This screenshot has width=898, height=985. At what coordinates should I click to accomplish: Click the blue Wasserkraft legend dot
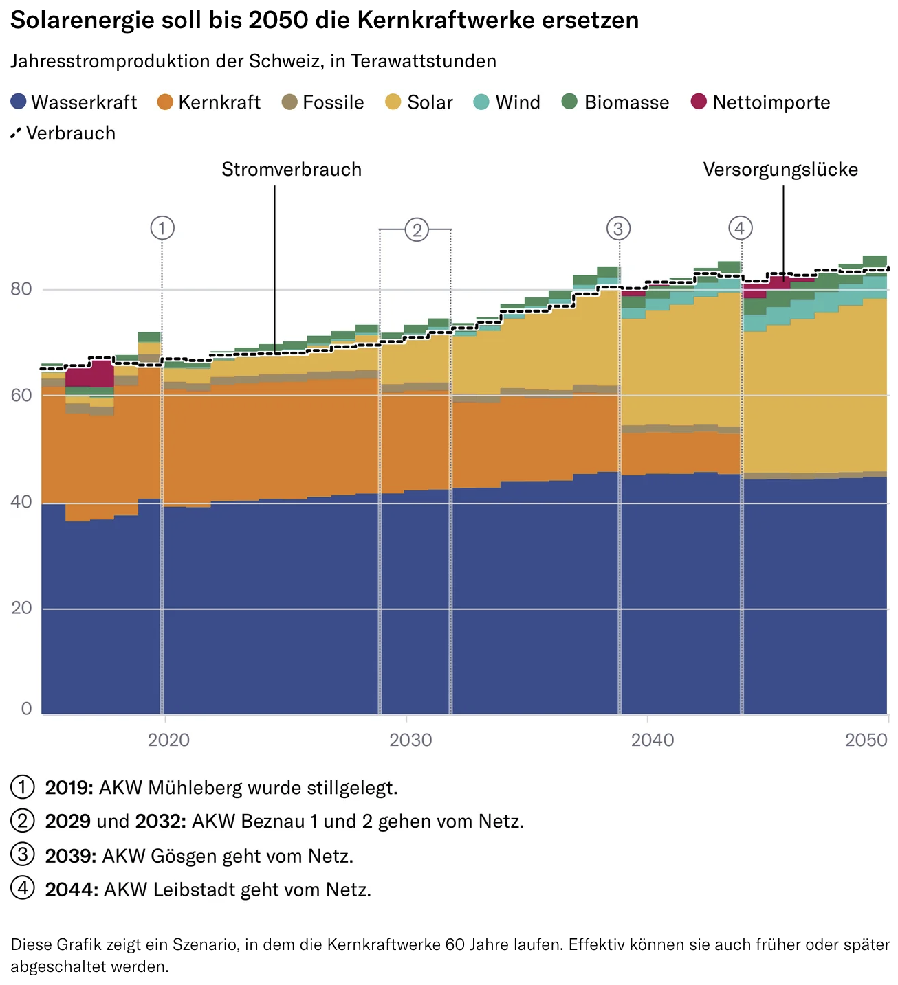click(x=19, y=102)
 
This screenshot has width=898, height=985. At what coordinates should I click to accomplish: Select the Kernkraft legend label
click(x=219, y=102)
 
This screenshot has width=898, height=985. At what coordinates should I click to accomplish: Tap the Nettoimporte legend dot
click(x=699, y=102)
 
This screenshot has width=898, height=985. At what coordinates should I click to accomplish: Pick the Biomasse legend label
click(x=626, y=102)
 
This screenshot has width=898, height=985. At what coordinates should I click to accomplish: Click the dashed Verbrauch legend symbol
click(x=16, y=133)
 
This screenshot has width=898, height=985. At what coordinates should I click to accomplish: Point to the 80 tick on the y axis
click(x=21, y=288)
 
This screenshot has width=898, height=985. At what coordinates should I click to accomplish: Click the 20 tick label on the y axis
click(x=21, y=608)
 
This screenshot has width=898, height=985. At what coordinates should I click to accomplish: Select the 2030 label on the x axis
click(x=410, y=740)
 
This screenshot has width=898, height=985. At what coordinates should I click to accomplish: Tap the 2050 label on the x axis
click(x=866, y=740)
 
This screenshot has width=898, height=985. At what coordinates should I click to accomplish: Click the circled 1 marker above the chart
click(x=162, y=228)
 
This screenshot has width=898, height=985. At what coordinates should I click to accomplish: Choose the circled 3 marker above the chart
click(x=618, y=228)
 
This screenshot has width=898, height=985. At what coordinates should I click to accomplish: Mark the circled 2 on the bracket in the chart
click(x=417, y=229)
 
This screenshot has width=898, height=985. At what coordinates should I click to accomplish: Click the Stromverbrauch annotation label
click(x=292, y=170)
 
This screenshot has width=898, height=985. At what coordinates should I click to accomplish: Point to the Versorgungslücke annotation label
click(x=780, y=170)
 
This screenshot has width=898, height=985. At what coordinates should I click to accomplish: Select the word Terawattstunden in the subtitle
click(x=423, y=61)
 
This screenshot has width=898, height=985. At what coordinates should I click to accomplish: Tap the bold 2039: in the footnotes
click(x=71, y=856)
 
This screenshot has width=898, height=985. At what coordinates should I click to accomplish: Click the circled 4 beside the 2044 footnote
click(x=23, y=888)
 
